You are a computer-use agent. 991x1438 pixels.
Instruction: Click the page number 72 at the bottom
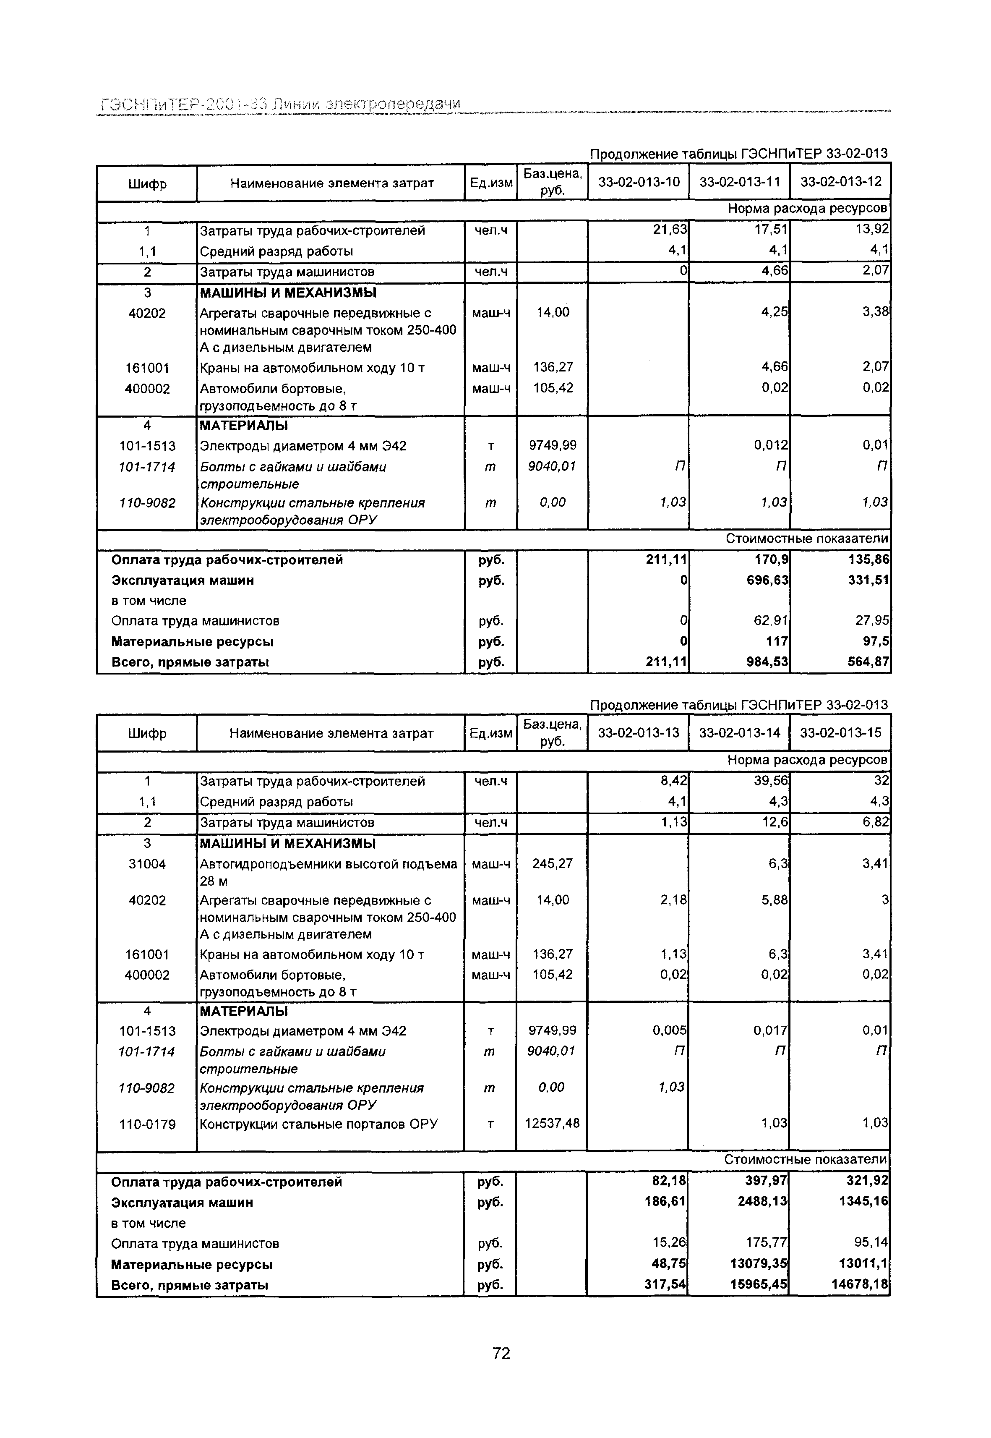501,1353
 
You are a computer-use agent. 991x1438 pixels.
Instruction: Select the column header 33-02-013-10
639,182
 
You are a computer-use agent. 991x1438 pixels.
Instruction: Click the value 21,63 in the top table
670,230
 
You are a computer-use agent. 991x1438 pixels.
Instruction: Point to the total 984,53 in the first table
767,662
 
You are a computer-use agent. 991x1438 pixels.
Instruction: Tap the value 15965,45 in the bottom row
758,1284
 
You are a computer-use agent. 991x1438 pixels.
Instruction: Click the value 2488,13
762,1202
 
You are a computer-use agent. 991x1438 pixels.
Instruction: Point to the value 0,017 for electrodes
771,1030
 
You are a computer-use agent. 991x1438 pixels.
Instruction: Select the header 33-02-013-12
841,182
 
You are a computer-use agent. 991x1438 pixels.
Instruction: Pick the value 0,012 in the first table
771,445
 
